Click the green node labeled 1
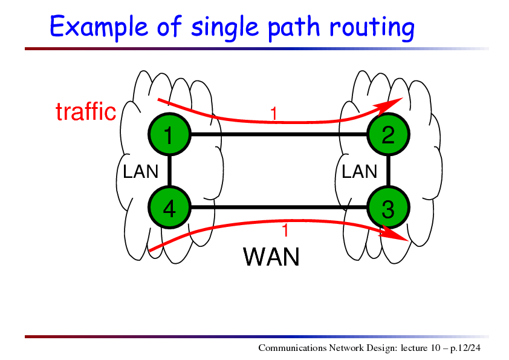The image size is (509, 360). pos(169,134)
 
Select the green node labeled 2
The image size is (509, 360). pos(388,134)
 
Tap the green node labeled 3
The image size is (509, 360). pos(388,208)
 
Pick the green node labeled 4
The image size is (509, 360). pos(169,208)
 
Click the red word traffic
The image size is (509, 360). pos(86,111)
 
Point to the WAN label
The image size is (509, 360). pos(271,257)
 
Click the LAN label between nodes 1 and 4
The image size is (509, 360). pos(140,171)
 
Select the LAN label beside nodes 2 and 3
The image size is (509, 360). pos(359,171)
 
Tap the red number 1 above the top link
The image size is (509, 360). pos(274,114)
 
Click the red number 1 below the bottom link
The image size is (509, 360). pos(285,231)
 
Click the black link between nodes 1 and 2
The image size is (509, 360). pos(279,134)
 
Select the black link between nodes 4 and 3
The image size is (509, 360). pos(279,208)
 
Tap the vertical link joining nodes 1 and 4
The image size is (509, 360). pos(169,171)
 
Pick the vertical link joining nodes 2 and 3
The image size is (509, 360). pos(388,171)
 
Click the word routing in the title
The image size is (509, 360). pos(372,28)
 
